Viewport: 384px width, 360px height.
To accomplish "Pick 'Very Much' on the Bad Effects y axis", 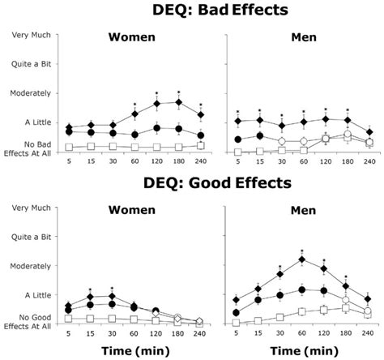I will (x=31, y=35).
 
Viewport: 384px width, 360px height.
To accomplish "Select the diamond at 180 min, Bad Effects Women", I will (x=178, y=102).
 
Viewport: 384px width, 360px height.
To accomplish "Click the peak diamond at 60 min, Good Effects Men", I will (x=302, y=259).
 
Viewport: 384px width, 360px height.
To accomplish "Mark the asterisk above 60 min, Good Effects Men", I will (x=302, y=251).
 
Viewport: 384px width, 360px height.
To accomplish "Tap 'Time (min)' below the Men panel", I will (x=301, y=350).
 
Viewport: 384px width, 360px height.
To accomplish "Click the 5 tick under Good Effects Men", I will (x=237, y=334).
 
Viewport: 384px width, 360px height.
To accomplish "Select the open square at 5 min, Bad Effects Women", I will (x=69, y=148).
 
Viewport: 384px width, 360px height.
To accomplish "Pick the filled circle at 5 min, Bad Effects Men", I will (x=237, y=139).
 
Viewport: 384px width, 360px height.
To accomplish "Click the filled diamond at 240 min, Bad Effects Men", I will (x=369, y=131).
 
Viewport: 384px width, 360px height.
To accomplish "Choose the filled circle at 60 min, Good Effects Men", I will (x=302, y=289).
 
